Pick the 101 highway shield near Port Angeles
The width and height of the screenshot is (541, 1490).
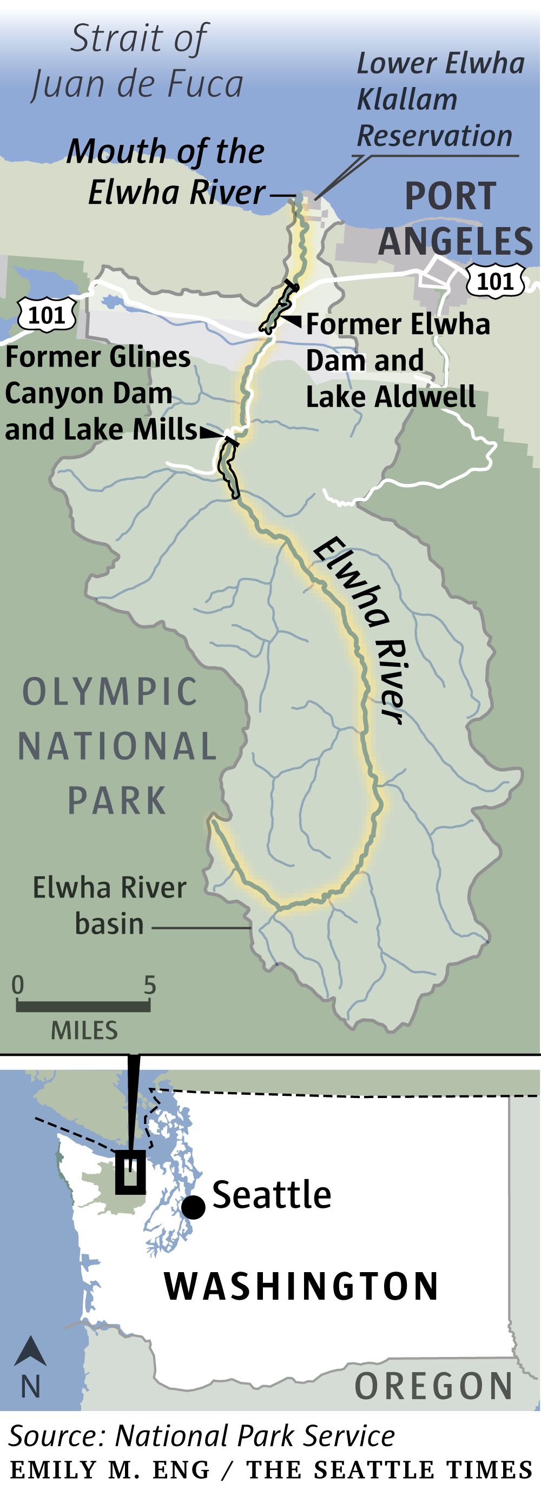click(x=496, y=282)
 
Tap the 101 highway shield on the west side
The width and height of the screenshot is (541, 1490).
click(x=47, y=315)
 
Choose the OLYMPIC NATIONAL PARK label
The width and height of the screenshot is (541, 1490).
click(x=116, y=746)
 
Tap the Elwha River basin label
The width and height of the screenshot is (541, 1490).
click(x=109, y=906)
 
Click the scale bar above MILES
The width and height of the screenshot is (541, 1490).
click(x=83, y=1007)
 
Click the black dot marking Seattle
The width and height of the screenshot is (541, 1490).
click(x=194, y=1207)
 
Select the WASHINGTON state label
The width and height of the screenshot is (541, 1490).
click(x=301, y=1286)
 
